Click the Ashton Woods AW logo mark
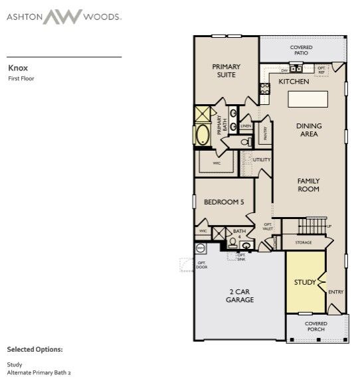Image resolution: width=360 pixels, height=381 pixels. (64, 16)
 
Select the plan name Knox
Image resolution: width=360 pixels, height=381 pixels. (17, 68)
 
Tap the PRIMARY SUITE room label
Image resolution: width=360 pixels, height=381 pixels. (226, 70)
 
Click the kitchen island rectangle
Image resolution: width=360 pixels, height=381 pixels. (308, 100)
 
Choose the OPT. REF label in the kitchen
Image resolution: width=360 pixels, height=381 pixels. (322, 68)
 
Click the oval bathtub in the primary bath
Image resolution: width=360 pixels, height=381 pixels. (202, 135)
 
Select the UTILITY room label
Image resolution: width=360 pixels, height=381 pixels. (261, 160)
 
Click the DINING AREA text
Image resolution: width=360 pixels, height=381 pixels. (308, 130)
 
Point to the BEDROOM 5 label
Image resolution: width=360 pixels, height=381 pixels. (222, 202)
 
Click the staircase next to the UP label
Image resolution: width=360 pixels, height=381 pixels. (312, 226)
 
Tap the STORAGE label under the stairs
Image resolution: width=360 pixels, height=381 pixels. (303, 243)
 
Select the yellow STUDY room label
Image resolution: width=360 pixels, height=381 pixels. (305, 283)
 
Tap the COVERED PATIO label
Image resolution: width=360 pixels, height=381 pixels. (301, 50)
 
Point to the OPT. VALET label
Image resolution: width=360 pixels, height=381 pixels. (268, 228)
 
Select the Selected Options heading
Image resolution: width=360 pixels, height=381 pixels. (35, 348)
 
